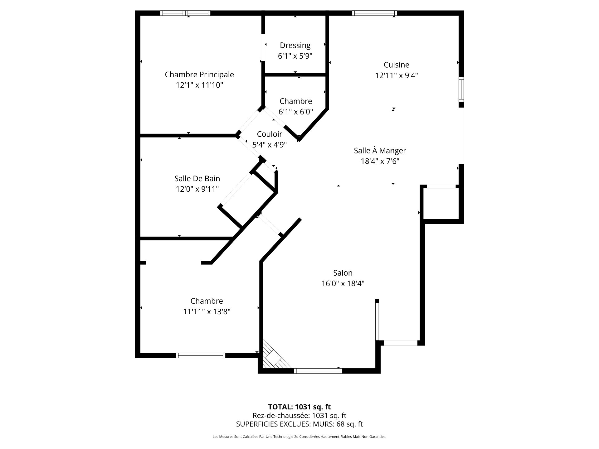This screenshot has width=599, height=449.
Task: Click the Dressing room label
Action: click(x=295, y=46)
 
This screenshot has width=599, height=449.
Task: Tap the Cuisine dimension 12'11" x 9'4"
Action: click(x=397, y=75)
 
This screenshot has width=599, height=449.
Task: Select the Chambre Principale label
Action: click(x=199, y=75)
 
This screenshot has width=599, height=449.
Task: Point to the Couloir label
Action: click(x=270, y=134)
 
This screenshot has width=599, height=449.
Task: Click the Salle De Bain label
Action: click(x=197, y=179)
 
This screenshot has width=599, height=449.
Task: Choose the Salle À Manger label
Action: click(x=380, y=151)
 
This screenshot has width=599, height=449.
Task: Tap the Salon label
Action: click(x=343, y=273)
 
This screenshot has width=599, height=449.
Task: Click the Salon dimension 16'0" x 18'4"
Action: click(x=343, y=283)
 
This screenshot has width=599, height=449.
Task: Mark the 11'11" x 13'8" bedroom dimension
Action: click(x=207, y=311)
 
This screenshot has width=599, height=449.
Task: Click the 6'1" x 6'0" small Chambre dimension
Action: click(x=296, y=112)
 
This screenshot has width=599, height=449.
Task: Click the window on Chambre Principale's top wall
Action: click(x=185, y=13)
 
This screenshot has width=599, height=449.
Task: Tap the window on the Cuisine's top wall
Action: click(x=374, y=13)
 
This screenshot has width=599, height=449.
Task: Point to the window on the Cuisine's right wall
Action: click(x=461, y=89)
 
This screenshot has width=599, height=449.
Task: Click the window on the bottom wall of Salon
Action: click(x=318, y=371)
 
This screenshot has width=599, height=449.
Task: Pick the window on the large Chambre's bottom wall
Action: click(x=201, y=355)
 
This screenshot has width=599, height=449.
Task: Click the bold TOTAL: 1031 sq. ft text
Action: click(x=299, y=407)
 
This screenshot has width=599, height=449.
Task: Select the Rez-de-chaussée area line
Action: click(x=299, y=416)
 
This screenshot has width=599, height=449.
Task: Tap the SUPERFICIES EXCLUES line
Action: click(x=299, y=424)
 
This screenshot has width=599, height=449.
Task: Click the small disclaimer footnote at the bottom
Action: click(x=299, y=437)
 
